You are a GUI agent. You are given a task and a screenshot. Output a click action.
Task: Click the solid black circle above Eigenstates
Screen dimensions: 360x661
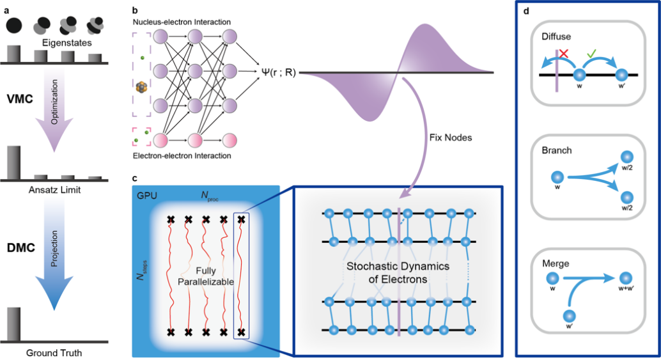(16, 26)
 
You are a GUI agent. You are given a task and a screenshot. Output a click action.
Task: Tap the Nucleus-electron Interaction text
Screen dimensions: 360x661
(182, 22)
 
